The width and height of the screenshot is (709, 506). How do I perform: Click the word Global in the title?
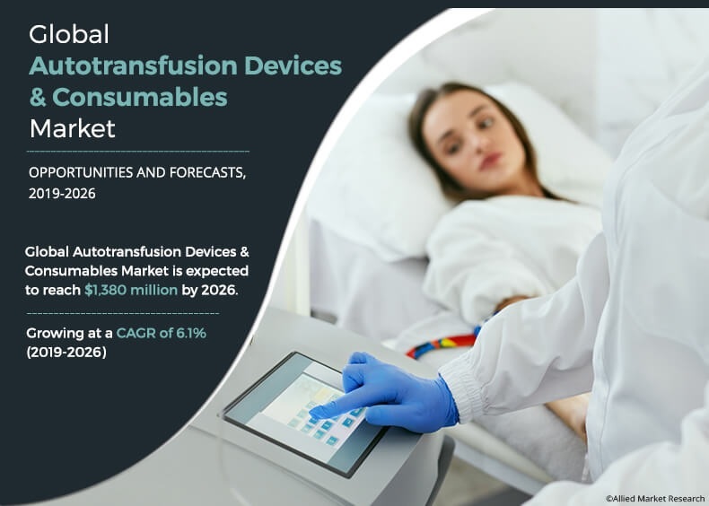click(x=69, y=34)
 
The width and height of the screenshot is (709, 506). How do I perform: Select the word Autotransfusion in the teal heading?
click(x=133, y=65)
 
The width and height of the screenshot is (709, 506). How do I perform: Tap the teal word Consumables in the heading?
click(x=140, y=97)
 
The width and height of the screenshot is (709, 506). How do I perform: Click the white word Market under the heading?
click(x=73, y=128)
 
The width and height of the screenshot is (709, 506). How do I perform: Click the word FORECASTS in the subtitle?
click(x=207, y=173)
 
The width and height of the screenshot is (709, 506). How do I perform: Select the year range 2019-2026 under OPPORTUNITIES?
click(x=62, y=194)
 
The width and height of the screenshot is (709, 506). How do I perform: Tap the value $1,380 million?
click(x=131, y=290)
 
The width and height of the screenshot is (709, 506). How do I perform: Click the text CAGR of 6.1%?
click(x=161, y=333)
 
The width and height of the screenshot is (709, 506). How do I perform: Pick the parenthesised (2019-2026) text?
click(x=66, y=352)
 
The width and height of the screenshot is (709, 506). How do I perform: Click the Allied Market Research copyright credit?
click(x=655, y=498)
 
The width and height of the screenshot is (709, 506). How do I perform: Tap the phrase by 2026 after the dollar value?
click(x=210, y=290)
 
